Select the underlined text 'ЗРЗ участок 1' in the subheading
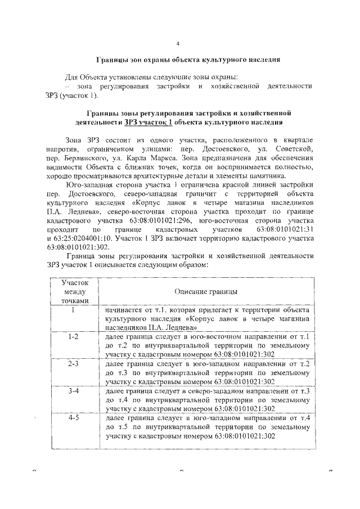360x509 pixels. [x=148, y=122]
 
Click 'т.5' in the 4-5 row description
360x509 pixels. [x=120, y=427]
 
